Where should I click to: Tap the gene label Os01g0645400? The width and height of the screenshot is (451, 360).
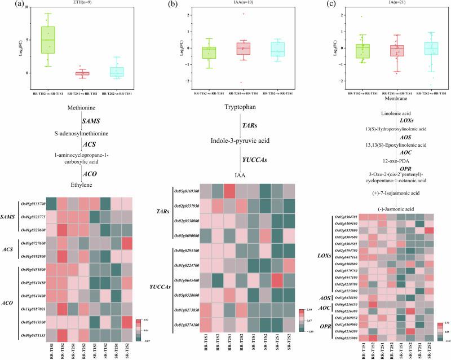coord(184,280)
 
